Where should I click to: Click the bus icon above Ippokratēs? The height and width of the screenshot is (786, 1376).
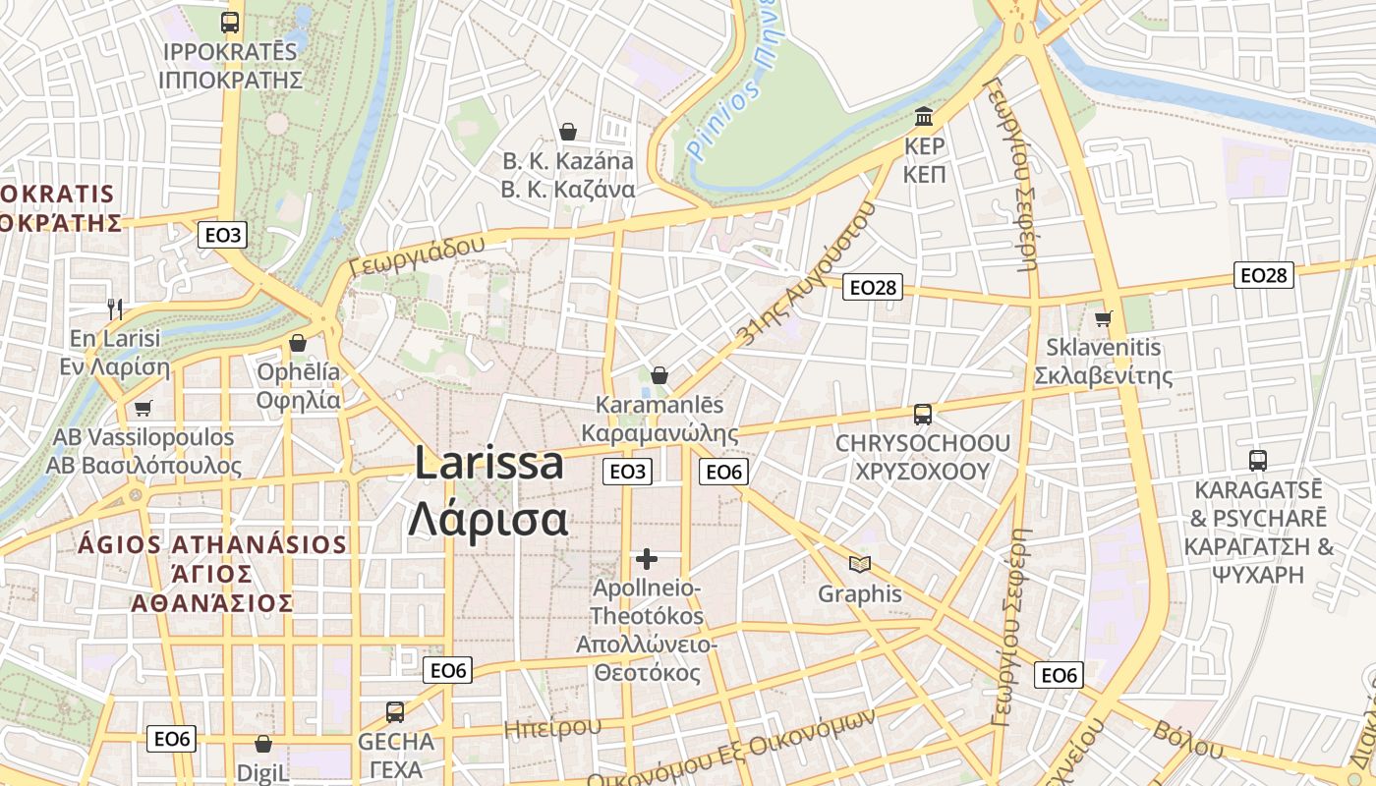tap(230, 23)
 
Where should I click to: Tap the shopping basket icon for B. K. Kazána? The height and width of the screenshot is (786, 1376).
tap(568, 132)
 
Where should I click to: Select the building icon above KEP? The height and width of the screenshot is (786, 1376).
tap(924, 118)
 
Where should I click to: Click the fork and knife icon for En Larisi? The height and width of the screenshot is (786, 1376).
tap(115, 309)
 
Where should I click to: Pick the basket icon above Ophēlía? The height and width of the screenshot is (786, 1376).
tap(298, 343)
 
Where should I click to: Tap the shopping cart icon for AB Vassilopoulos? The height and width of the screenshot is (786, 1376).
tap(143, 408)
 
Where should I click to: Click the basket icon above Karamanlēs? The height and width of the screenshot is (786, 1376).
tap(659, 375)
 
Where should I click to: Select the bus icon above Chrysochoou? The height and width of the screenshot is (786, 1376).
tap(922, 415)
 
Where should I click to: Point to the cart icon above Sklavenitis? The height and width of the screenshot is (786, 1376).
tap(1103, 318)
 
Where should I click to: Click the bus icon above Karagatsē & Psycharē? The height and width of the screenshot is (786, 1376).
tap(1258, 460)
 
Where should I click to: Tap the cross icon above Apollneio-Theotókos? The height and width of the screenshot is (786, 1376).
tap(647, 559)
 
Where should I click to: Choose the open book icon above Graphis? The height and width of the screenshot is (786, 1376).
tap(860, 564)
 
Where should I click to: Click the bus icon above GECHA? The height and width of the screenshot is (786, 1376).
tap(395, 712)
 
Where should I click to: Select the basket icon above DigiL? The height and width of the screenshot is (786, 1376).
tap(262, 745)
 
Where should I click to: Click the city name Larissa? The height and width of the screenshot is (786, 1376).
tap(488, 463)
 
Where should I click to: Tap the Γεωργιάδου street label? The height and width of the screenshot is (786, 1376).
tap(418, 254)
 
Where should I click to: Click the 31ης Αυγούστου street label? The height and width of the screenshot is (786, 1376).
tap(804, 278)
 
